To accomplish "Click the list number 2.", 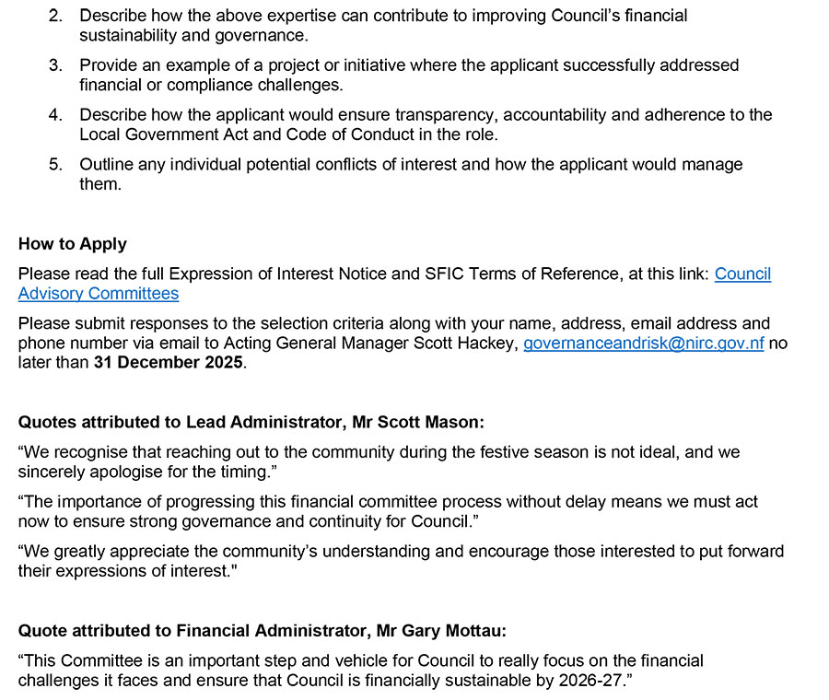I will [55, 17].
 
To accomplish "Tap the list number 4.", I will [55, 115].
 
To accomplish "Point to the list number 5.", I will [55, 165].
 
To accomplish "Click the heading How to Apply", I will [73, 244].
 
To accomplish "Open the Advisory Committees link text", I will [99, 294].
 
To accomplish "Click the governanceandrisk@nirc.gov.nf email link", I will [643, 344].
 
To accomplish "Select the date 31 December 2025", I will [169, 362].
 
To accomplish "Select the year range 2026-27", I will [582, 681].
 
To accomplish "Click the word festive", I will [520, 452].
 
